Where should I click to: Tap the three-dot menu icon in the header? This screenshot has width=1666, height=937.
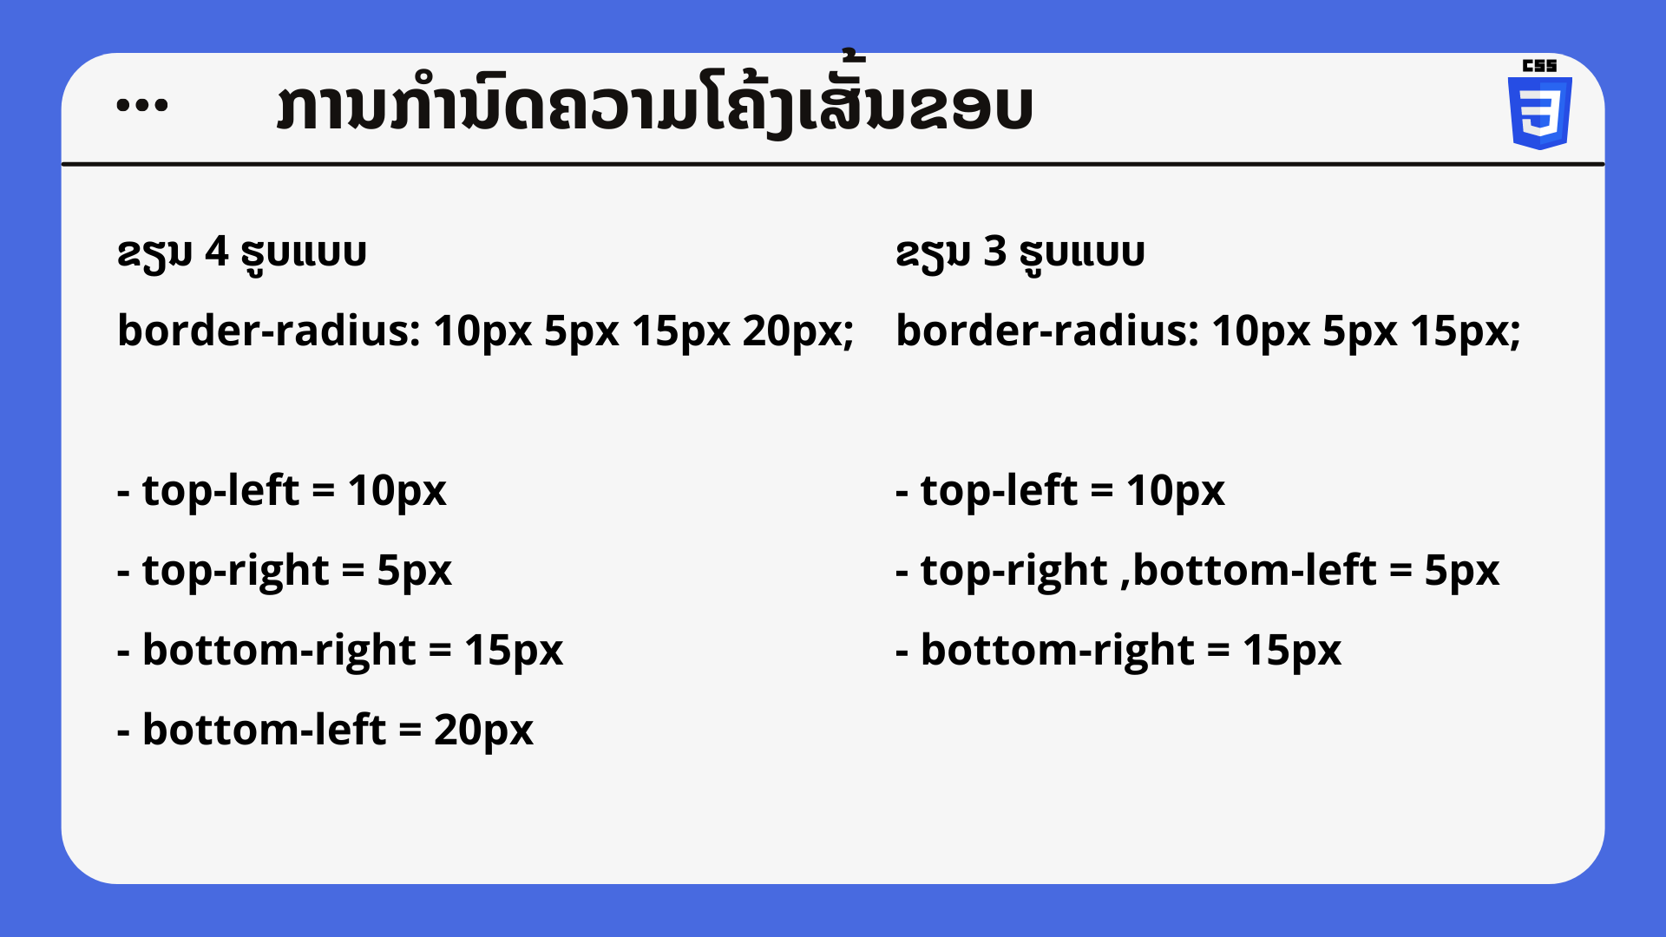click(x=142, y=106)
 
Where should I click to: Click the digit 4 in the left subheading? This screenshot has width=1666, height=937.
click(x=216, y=252)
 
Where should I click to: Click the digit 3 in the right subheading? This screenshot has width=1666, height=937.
click(x=994, y=252)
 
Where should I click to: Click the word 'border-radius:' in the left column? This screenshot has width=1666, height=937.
click(x=269, y=331)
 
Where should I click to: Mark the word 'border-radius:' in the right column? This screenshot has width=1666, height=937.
click(x=1047, y=331)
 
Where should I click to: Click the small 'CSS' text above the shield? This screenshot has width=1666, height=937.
click(x=1540, y=66)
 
